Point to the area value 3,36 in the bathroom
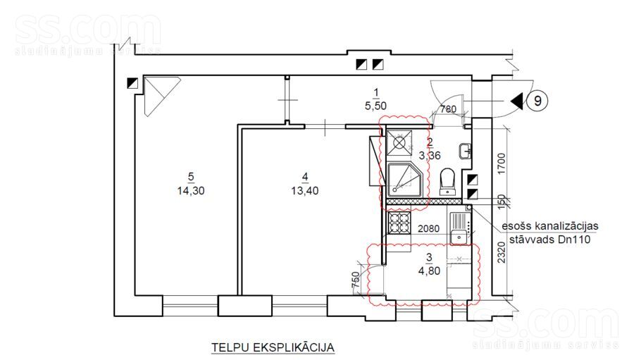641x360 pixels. [429, 155]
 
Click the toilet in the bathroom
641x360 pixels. [447, 181]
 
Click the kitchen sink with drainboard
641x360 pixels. [460, 228]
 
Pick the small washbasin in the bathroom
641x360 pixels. [465, 150]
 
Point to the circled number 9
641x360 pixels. [537, 101]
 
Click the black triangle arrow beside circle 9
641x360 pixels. [517, 101]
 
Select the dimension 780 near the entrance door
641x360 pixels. [448, 109]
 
